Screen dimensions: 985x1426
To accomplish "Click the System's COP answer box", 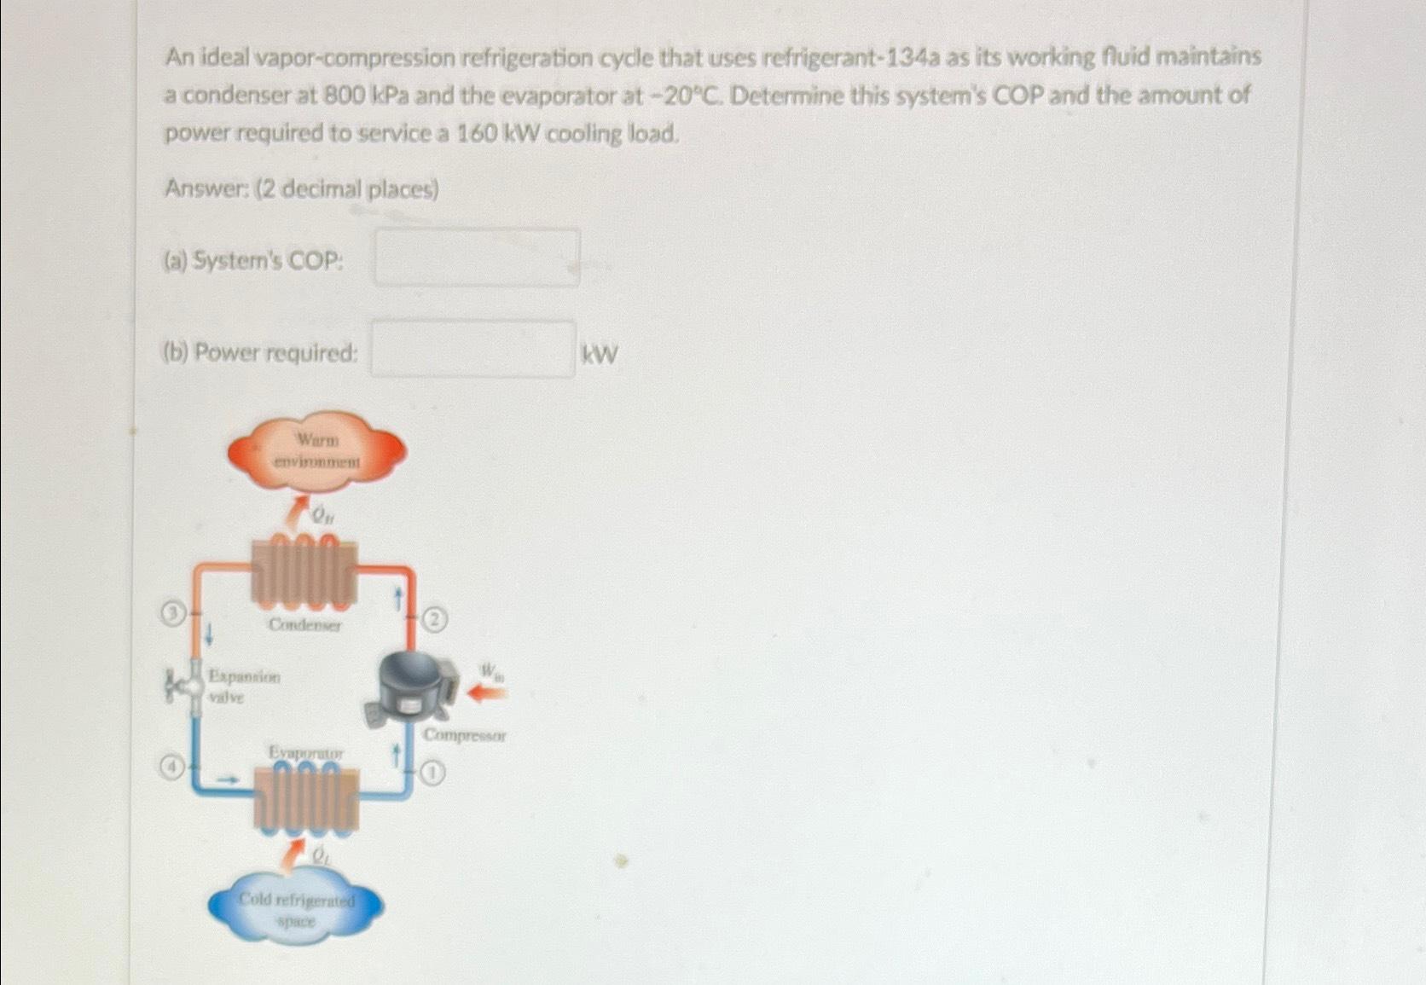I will pyautogui.click(x=478, y=258).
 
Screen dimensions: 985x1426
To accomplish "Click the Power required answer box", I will pyautogui.click(x=472, y=349).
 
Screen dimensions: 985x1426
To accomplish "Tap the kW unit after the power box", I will pyautogui.click(x=599, y=354).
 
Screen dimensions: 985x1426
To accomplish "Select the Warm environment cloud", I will pyautogui.click(x=317, y=451).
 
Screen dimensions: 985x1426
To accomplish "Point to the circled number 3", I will pyautogui.click(x=173, y=612).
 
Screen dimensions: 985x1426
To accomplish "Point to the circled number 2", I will pyautogui.click(x=435, y=619).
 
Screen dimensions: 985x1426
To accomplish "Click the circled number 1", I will pyautogui.click(x=433, y=774).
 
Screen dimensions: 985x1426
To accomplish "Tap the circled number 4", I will pyautogui.click(x=172, y=767).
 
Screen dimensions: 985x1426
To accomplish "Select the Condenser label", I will pyautogui.click(x=304, y=625).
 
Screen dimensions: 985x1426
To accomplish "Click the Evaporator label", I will pyautogui.click(x=306, y=753).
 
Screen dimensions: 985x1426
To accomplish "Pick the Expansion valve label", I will pyautogui.click(x=243, y=687).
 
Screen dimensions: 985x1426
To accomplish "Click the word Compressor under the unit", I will pyautogui.click(x=465, y=735).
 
